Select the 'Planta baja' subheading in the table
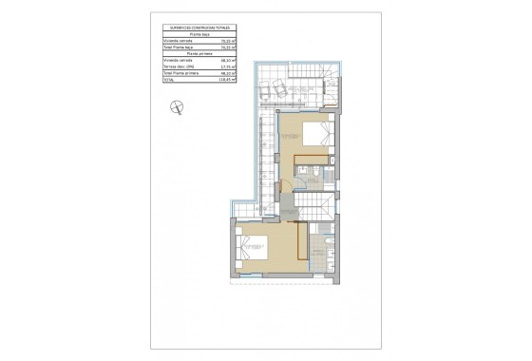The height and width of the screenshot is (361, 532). click(x=200, y=35)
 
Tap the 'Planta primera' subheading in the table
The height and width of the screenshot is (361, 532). click(x=200, y=54)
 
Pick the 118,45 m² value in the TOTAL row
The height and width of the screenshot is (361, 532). click(x=227, y=81)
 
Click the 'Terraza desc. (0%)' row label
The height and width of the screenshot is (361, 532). click(x=178, y=67)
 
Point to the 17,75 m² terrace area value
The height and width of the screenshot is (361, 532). click(x=227, y=67)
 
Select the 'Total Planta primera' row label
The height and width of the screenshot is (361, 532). click(x=180, y=74)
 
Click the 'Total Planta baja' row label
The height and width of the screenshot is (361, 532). click(x=178, y=47)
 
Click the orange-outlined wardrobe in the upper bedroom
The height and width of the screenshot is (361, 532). click(x=313, y=159)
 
